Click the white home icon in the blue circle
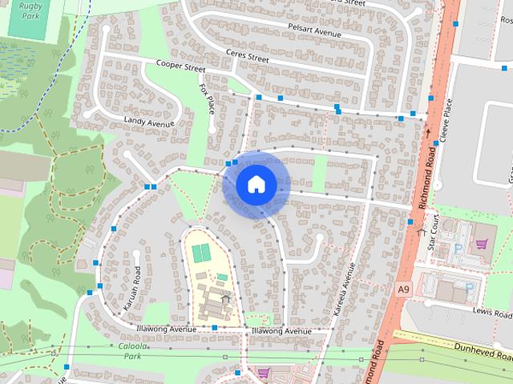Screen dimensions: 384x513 pos(256,185)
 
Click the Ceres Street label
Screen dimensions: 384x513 pos(247,57)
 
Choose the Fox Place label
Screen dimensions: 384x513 pos(207,98)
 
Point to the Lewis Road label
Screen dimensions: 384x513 pos(491,310)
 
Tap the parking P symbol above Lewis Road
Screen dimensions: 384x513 pos(469,287)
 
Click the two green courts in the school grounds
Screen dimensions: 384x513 pos(201,253)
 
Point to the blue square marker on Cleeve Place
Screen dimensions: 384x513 pos(436,143)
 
